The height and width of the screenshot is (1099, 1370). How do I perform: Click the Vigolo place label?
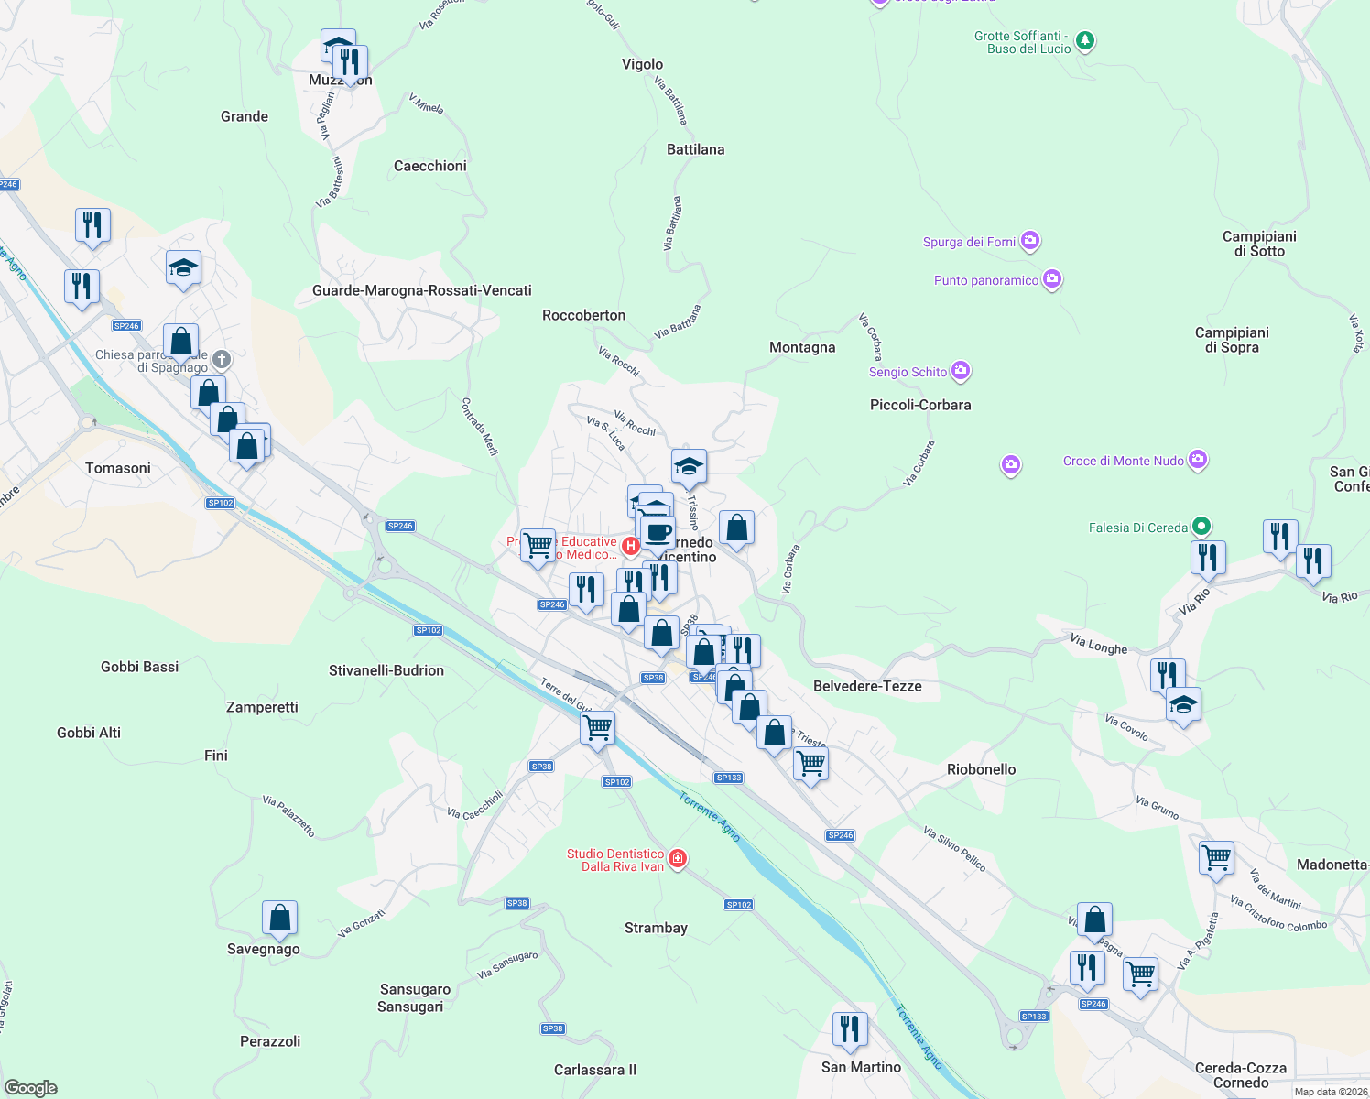pos(642,64)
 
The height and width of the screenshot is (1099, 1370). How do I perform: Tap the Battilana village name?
pos(695,149)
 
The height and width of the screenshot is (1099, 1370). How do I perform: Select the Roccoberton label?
pos(583,315)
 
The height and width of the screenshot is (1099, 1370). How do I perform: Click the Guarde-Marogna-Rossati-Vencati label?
pos(421,290)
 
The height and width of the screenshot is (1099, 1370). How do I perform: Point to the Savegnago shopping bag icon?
pos(279,918)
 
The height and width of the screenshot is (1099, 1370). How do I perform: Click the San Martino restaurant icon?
pos(850,1028)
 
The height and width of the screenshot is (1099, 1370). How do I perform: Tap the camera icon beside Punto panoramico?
pos(1052,278)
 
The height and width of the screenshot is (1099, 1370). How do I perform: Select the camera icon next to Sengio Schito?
pos(961,370)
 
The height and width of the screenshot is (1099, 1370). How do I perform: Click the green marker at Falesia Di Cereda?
pos(1202,527)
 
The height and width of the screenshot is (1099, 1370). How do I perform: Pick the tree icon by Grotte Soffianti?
pos(1085,40)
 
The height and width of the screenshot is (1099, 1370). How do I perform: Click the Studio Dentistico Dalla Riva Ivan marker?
pos(678,858)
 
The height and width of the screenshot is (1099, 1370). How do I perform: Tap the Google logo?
pos(31,1088)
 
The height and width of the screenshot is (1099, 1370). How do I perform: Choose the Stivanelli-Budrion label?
pos(386,670)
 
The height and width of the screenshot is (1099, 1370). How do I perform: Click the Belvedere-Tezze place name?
pos(867,686)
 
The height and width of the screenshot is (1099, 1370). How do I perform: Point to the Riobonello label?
pos(981,769)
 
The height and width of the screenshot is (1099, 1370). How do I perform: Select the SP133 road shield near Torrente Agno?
pos(729,778)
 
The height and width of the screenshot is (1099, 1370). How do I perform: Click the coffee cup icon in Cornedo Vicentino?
pos(658,531)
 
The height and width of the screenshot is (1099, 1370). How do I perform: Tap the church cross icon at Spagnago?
pos(222,359)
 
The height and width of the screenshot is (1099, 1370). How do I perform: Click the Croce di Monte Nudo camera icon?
pos(1198,460)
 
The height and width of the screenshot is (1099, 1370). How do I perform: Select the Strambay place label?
pos(656,928)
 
